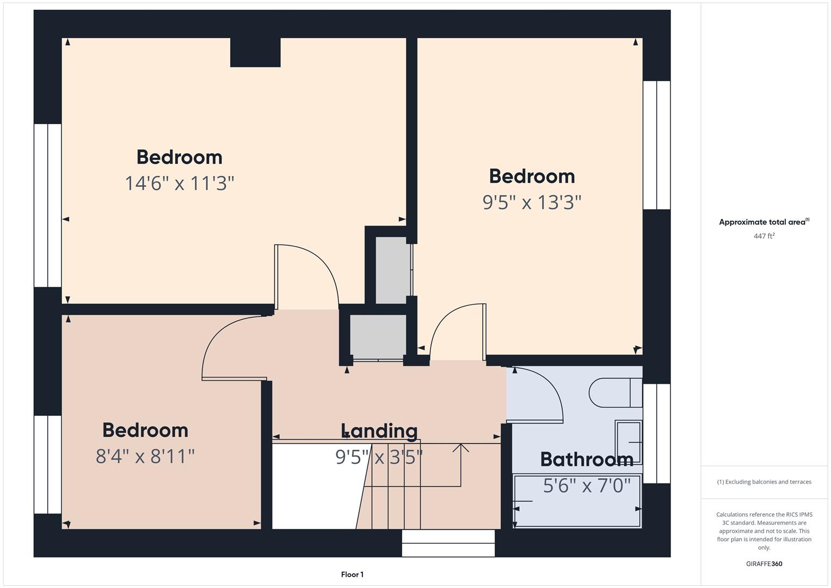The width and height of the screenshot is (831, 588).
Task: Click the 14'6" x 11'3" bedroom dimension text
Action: (x=180, y=183)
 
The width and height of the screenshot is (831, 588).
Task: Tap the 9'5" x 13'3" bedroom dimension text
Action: (x=532, y=203)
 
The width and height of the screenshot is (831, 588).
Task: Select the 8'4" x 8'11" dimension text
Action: (x=145, y=456)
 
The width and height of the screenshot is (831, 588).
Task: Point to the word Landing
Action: (x=379, y=431)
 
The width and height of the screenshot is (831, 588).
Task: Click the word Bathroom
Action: (x=587, y=460)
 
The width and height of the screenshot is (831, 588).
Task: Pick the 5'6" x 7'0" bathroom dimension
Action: (x=587, y=486)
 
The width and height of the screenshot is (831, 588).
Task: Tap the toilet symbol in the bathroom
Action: (x=615, y=393)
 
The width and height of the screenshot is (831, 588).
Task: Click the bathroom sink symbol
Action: (x=629, y=442)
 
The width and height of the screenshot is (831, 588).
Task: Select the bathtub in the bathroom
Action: (x=577, y=501)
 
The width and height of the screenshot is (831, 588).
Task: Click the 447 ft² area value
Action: (x=764, y=236)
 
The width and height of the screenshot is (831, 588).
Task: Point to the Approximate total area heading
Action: (x=764, y=222)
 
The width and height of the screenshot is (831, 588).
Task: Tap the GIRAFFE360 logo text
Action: (x=764, y=564)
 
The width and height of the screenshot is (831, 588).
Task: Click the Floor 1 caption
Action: (x=352, y=574)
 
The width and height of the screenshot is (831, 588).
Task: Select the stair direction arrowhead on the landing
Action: (x=461, y=448)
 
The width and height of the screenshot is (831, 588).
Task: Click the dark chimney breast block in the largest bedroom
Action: (x=255, y=52)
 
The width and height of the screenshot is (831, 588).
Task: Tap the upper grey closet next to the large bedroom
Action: (x=393, y=270)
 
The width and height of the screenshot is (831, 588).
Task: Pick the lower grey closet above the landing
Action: (x=378, y=336)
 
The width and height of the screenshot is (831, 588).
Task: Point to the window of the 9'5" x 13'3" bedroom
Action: (x=656, y=145)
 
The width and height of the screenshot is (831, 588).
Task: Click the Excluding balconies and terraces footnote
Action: (x=764, y=482)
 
